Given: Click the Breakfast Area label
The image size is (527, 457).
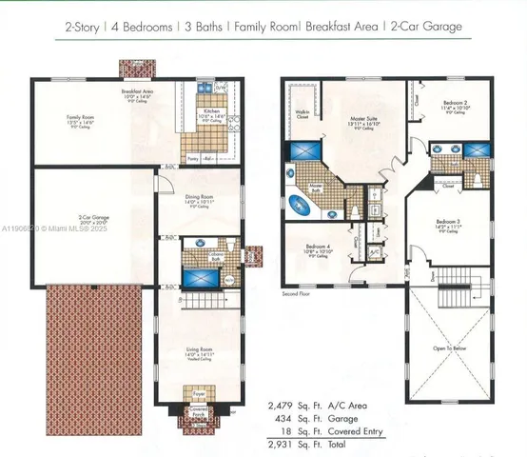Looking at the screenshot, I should point(139,91).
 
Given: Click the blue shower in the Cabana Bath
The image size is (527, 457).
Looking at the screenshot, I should point(201,281).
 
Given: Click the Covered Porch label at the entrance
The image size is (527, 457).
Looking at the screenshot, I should point(199,412).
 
